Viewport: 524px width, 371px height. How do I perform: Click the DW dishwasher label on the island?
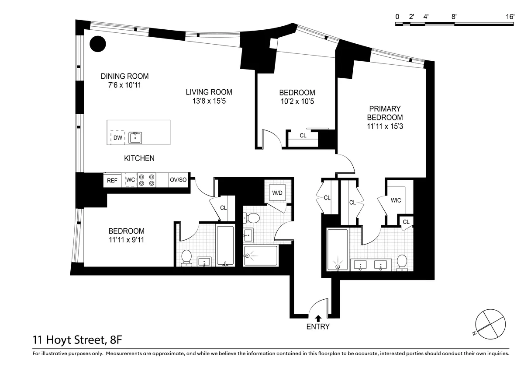pyautogui.click(x=117, y=138)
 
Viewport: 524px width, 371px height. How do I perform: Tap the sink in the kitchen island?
pyautogui.click(x=136, y=138)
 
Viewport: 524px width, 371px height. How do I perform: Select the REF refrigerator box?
pyautogui.click(x=112, y=180)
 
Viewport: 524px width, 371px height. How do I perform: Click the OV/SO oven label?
pyautogui.click(x=178, y=180)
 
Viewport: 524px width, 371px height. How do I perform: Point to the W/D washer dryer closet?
pyautogui.click(x=277, y=192)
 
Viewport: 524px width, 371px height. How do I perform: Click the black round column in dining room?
pyautogui.click(x=98, y=43)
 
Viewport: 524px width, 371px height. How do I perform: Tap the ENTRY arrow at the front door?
pyautogui.click(x=318, y=318)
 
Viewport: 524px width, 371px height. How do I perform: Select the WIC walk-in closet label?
pyautogui.click(x=396, y=200)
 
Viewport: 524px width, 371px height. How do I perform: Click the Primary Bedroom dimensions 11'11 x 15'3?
pyautogui.click(x=385, y=126)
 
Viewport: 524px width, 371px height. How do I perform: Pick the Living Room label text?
pyautogui.click(x=209, y=92)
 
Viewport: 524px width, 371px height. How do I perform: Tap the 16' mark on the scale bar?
pyautogui.click(x=510, y=17)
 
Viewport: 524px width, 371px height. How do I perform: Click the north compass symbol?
pyautogui.click(x=491, y=323)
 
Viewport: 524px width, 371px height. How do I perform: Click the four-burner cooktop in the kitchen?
pyautogui.click(x=147, y=180)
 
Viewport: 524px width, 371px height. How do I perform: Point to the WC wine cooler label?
pyautogui.click(x=131, y=180)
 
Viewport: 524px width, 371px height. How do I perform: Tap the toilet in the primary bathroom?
pyautogui.click(x=402, y=262)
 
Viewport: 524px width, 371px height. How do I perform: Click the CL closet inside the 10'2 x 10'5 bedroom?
pyautogui.click(x=303, y=136)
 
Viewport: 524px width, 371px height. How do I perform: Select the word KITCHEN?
pyautogui.click(x=139, y=158)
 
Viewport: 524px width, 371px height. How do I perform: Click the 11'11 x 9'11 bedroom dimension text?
pyautogui.click(x=126, y=240)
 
